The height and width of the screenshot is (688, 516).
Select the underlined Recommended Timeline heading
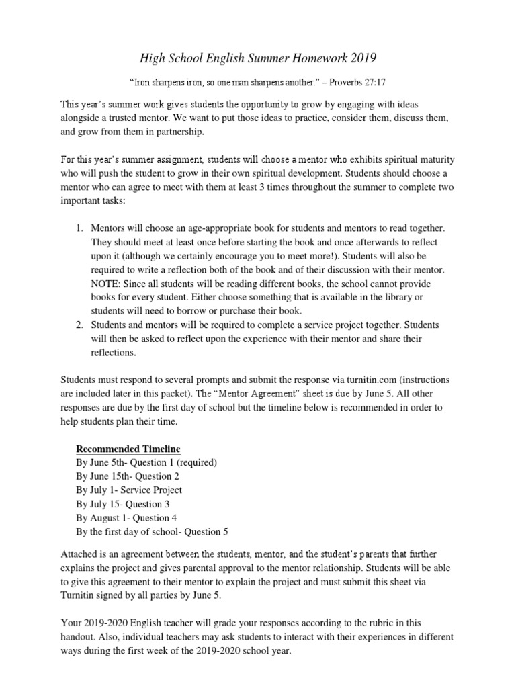tap(128, 449)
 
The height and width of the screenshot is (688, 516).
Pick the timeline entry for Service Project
tap(129, 490)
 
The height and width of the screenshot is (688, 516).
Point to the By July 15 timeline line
tap(119, 504)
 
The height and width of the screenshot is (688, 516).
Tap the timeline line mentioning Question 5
tap(152, 531)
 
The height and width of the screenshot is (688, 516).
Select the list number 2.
tap(79, 325)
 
